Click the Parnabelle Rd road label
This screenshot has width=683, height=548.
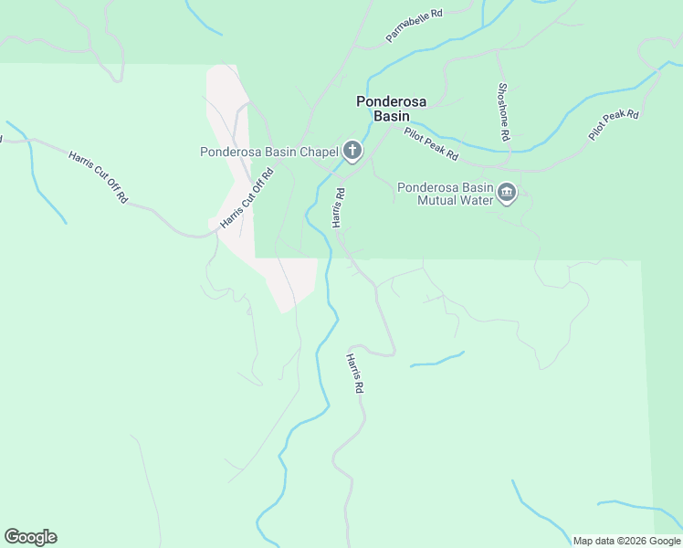click(414, 26)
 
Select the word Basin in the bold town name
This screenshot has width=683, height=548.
click(391, 116)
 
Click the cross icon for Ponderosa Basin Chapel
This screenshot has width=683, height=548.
click(352, 151)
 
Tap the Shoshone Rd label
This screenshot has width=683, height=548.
click(503, 112)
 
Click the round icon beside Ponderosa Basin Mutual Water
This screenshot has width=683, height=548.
click(508, 193)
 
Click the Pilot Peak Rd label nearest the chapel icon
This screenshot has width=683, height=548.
click(431, 143)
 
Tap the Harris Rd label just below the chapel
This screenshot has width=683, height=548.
click(338, 208)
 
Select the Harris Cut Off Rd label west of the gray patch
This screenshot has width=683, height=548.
click(98, 176)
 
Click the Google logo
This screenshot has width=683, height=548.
click(30, 537)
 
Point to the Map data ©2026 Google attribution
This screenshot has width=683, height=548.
click(626, 541)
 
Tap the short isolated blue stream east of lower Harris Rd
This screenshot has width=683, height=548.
click(436, 360)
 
